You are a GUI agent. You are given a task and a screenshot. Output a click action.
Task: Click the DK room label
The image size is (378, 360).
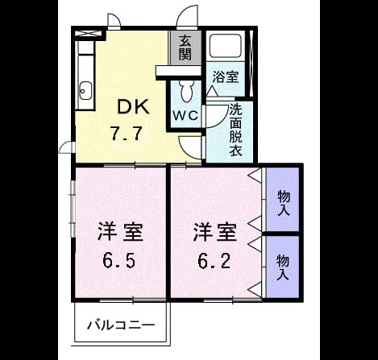133,107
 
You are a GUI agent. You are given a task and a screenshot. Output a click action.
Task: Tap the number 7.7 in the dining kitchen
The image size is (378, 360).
127,134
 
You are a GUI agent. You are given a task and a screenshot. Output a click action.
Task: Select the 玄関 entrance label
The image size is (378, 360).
185,48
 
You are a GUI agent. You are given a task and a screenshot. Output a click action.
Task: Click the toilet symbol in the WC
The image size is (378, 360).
187,91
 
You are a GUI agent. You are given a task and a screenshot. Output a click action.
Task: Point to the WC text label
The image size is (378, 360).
185,115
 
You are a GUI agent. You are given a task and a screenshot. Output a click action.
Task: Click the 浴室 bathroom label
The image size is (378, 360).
226,77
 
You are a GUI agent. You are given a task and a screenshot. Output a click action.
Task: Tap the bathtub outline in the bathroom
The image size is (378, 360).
226,46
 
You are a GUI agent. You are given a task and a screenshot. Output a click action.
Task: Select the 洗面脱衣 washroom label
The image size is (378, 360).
235,130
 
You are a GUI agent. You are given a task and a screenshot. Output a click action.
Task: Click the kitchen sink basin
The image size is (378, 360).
86,91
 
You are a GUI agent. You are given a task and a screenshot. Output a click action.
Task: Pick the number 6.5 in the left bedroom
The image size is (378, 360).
118,261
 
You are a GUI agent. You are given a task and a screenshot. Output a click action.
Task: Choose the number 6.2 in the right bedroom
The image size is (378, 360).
214,261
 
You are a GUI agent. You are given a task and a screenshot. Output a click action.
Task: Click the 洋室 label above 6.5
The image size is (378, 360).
120,231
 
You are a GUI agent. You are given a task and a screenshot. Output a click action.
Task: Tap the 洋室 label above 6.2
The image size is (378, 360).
215,231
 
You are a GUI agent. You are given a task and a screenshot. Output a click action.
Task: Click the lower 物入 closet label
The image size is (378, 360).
283,267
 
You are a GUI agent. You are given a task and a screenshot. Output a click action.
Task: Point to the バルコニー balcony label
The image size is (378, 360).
122,325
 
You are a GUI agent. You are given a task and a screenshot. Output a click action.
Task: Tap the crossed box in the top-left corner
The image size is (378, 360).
88,34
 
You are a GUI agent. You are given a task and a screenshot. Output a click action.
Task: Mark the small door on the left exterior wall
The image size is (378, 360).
66,147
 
